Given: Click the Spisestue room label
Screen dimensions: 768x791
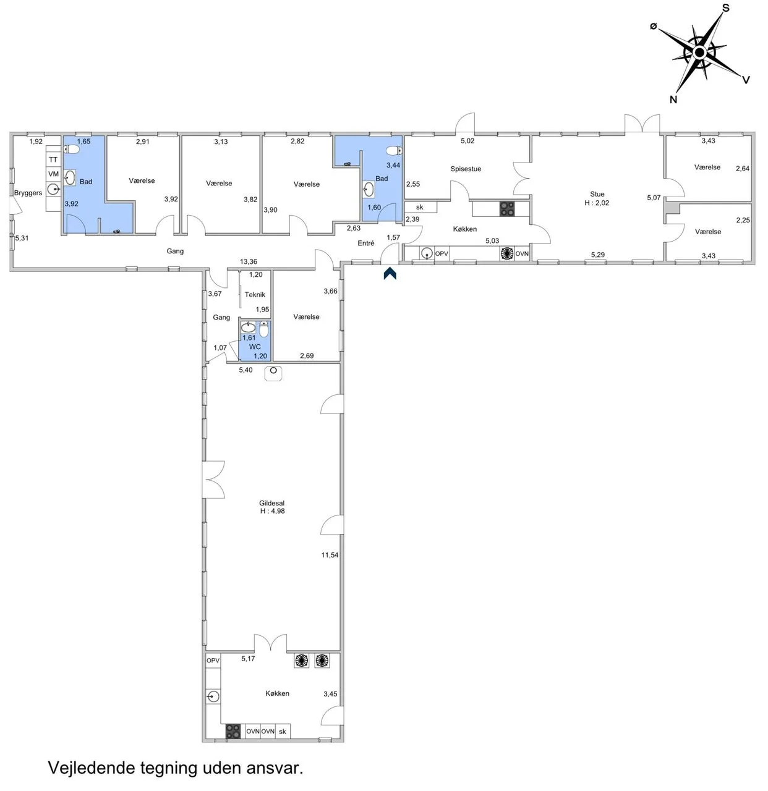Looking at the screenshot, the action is pyautogui.click(x=466, y=169).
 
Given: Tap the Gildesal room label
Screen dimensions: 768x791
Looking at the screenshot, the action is pyautogui.click(x=271, y=503).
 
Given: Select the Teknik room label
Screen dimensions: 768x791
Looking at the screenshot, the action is pyautogui.click(x=255, y=295).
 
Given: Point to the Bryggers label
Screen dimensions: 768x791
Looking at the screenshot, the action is pyautogui.click(x=28, y=193).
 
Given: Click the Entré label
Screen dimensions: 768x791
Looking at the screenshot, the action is pyautogui.click(x=365, y=243).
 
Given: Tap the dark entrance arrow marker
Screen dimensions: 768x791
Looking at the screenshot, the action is pyautogui.click(x=390, y=273).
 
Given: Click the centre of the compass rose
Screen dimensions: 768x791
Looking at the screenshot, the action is pyautogui.click(x=699, y=53).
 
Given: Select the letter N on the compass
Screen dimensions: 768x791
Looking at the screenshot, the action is pyautogui.click(x=673, y=99).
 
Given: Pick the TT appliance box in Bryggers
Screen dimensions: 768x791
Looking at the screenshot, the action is pyautogui.click(x=53, y=159).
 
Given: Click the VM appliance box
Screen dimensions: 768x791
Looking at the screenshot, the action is pyautogui.click(x=53, y=174).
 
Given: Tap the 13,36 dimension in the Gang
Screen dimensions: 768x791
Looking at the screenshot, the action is pyautogui.click(x=248, y=262).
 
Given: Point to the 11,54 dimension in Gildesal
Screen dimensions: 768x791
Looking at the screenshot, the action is pyautogui.click(x=330, y=555).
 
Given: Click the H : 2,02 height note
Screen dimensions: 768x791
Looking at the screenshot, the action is pyautogui.click(x=597, y=203).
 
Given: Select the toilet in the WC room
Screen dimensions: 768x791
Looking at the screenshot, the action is pyautogui.click(x=264, y=329).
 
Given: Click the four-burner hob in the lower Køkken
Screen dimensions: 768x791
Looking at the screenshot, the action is pyautogui.click(x=233, y=731).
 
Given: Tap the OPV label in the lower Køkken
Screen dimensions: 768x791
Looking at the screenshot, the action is pyautogui.click(x=213, y=661).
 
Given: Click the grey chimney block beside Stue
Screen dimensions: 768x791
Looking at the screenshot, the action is pyautogui.click(x=672, y=207).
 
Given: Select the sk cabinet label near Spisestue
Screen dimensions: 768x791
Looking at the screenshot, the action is pyautogui.click(x=419, y=207).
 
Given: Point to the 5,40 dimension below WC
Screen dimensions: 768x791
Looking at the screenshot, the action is pyautogui.click(x=245, y=370).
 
